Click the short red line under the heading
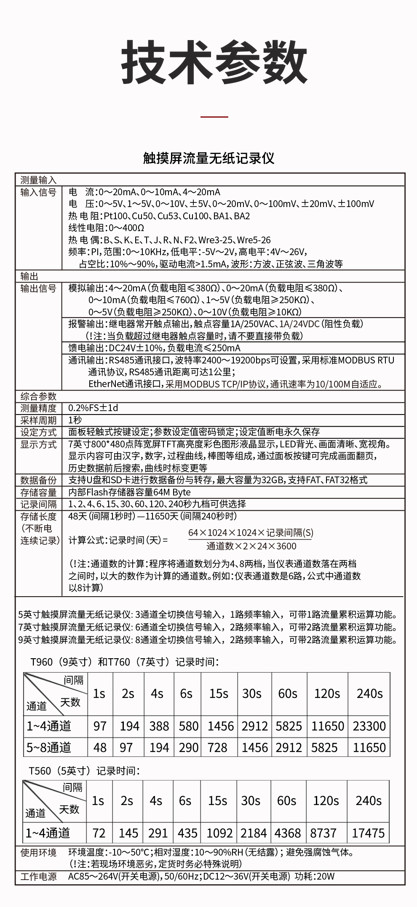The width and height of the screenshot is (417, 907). coord(214,116)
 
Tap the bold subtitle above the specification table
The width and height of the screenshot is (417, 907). coord(208,158)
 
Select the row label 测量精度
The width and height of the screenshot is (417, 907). coord(38,408)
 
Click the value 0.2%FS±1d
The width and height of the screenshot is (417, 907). coord(93,408)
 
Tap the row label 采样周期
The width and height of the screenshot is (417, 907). coord(38,420)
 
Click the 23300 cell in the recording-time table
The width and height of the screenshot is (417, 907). coord(369,726)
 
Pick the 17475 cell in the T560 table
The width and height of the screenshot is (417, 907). coord(368,833)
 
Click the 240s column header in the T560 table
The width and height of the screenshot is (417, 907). coord(368,800)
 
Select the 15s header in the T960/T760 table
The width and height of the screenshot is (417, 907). coord(219,693)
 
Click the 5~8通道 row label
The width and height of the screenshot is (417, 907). coord(49,748)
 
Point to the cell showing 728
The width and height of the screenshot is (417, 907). coord(217,748)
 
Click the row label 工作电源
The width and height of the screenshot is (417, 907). coord(38,877)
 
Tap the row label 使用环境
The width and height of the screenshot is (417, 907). coord(38,853)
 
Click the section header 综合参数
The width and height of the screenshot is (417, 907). coord(38,396)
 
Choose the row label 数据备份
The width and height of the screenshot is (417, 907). coord(38,480)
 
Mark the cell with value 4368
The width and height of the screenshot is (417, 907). coord(288,833)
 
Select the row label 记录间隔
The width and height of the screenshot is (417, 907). coord(38,504)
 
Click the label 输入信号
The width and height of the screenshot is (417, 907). coord(38,192)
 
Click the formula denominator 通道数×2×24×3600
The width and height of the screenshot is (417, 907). coord(251,546)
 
